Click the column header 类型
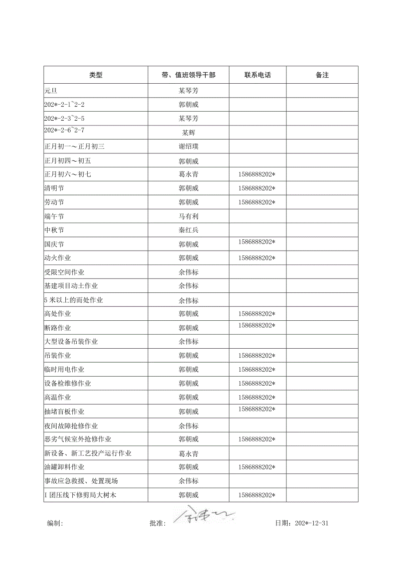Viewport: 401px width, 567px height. click(x=96, y=75)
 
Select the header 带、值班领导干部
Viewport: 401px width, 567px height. click(x=188, y=75)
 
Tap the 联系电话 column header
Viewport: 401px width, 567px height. click(x=258, y=75)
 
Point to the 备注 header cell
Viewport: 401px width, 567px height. click(x=322, y=75)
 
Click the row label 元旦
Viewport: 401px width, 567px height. click(x=51, y=91)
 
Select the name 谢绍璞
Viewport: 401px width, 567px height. click(x=188, y=147)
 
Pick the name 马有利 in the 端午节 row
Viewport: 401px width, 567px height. click(x=188, y=217)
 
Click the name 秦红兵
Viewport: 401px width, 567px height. click(x=188, y=231)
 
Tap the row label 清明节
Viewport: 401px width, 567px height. click(x=54, y=189)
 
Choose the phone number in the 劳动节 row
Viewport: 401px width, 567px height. click(x=257, y=202)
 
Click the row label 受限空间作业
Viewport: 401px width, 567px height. click(x=64, y=272)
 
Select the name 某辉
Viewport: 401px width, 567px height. click(x=188, y=133)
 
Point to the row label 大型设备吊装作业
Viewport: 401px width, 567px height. click(x=71, y=342)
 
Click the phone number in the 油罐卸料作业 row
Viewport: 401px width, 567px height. click(x=257, y=467)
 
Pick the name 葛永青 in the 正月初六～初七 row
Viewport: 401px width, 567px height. click(x=188, y=175)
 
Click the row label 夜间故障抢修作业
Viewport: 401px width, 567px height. click(x=71, y=426)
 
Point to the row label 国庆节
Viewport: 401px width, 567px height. click(x=54, y=244)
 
